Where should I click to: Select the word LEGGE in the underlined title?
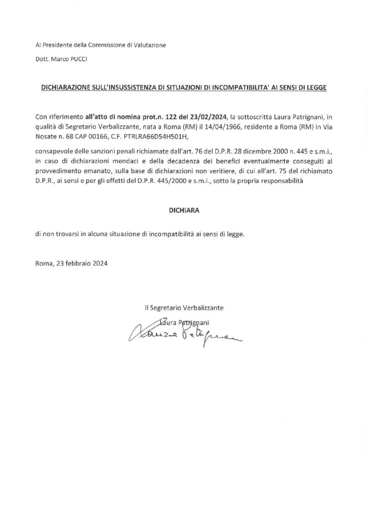(x=316, y=87)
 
